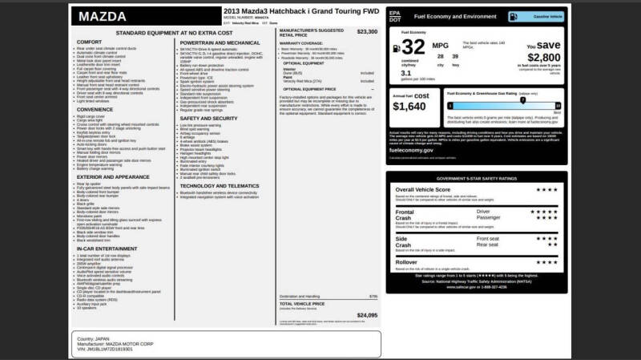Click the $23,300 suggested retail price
[367, 32]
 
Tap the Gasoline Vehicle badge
[544, 15]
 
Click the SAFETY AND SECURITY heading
[208, 118]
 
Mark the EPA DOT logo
[394, 15]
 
